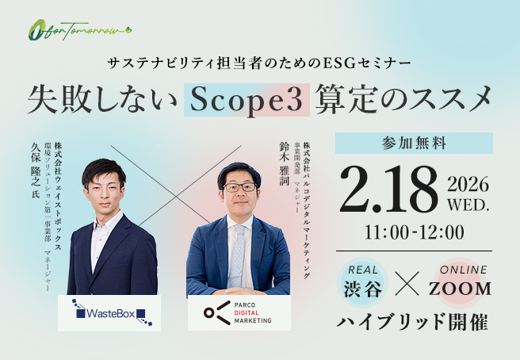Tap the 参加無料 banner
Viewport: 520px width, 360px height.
tap(414, 144)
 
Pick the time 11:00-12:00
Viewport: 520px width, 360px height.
tap(414, 233)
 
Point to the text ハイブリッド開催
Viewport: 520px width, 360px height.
tap(414, 323)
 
